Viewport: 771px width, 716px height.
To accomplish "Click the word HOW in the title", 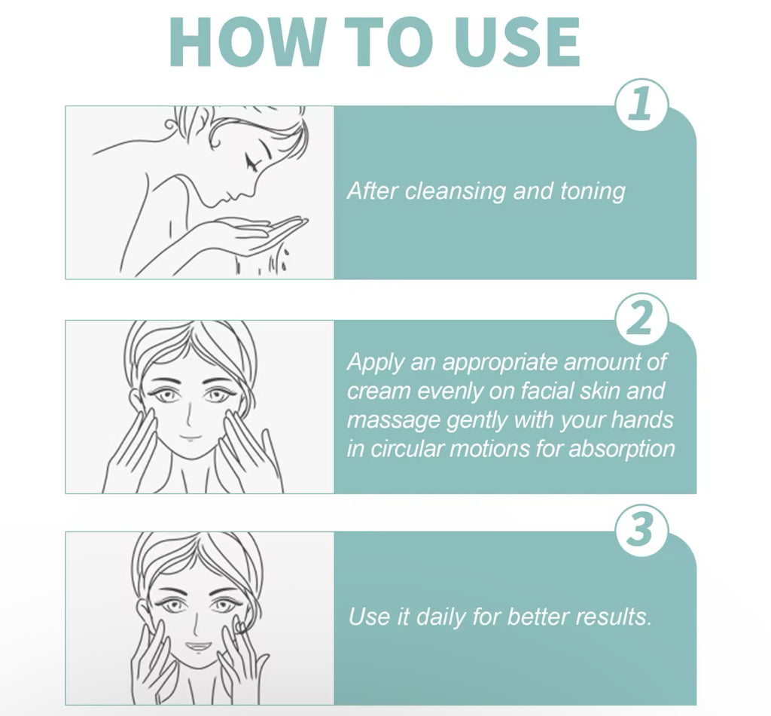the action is tap(247, 42).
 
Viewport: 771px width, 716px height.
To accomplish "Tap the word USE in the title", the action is tap(517, 42).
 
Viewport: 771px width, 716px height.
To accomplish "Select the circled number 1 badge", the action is tap(641, 105).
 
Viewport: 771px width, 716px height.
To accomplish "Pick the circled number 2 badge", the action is tap(641, 320).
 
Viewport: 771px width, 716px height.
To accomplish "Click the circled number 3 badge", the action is tap(641, 531).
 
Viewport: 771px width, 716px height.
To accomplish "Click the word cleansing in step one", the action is tap(455, 191).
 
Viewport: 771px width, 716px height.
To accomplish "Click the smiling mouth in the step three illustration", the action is tap(199, 646).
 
